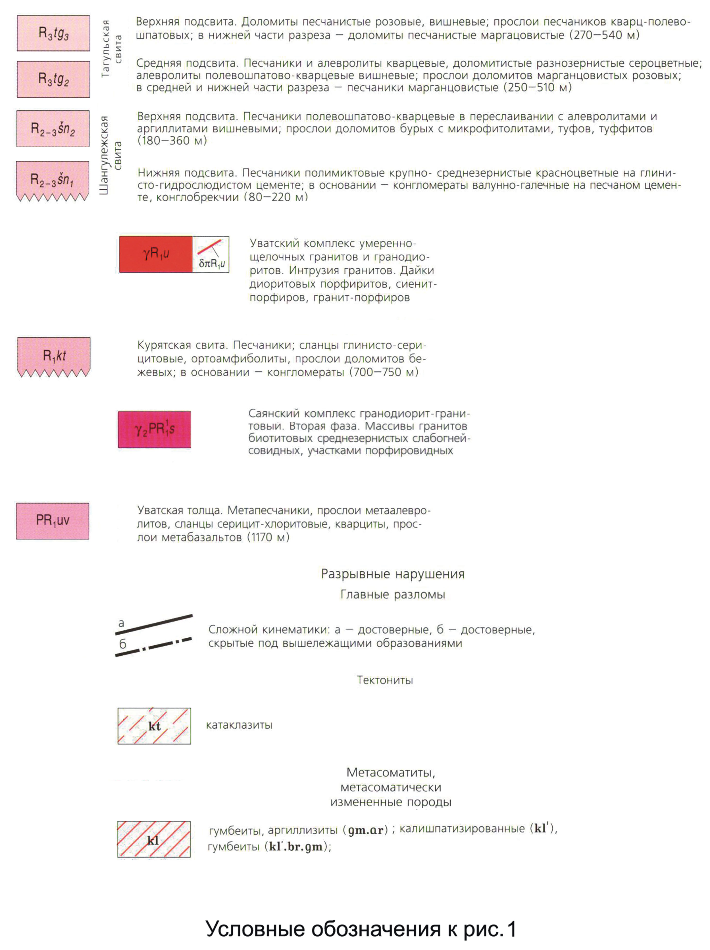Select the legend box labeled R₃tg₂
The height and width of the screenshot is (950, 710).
(x=53, y=79)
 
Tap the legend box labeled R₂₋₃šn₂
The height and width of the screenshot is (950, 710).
(x=53, y=128)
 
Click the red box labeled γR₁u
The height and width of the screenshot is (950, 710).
(x=155, y=254)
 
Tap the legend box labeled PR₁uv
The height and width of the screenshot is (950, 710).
(x=53, y=521)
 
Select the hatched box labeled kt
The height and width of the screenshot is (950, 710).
(x=154, y=726)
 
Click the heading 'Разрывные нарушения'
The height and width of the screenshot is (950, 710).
(x=392, y=574)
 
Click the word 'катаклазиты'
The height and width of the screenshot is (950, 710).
(x=239, y=725)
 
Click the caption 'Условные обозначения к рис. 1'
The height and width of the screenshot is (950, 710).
(x=361, y=929)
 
